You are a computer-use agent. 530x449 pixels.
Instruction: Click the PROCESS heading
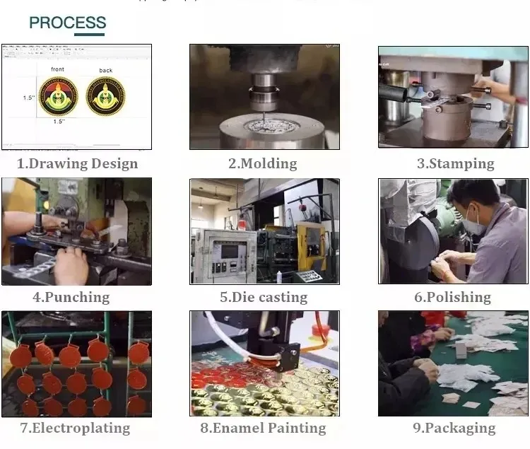(67, 22)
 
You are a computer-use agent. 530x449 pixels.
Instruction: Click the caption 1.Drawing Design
(77, 163)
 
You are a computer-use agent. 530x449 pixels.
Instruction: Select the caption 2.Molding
(262, 163)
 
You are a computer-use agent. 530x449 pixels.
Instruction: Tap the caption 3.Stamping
(455, 163)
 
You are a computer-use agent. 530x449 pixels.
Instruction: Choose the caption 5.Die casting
(263, 297)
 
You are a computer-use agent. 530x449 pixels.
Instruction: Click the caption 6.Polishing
(452, 297)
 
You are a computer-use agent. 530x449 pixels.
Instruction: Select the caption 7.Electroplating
(74, 428)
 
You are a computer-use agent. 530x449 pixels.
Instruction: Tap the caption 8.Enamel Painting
(263, 428)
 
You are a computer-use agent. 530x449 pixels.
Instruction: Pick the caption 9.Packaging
(454, 428)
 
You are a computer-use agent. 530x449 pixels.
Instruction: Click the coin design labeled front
(59, 96)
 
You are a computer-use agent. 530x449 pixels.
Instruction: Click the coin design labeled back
(105, 96)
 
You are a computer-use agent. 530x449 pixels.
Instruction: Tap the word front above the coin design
(58, 69)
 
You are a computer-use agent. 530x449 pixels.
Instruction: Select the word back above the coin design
(105, 70)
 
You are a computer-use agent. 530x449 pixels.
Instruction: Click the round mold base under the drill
(263, 131)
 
